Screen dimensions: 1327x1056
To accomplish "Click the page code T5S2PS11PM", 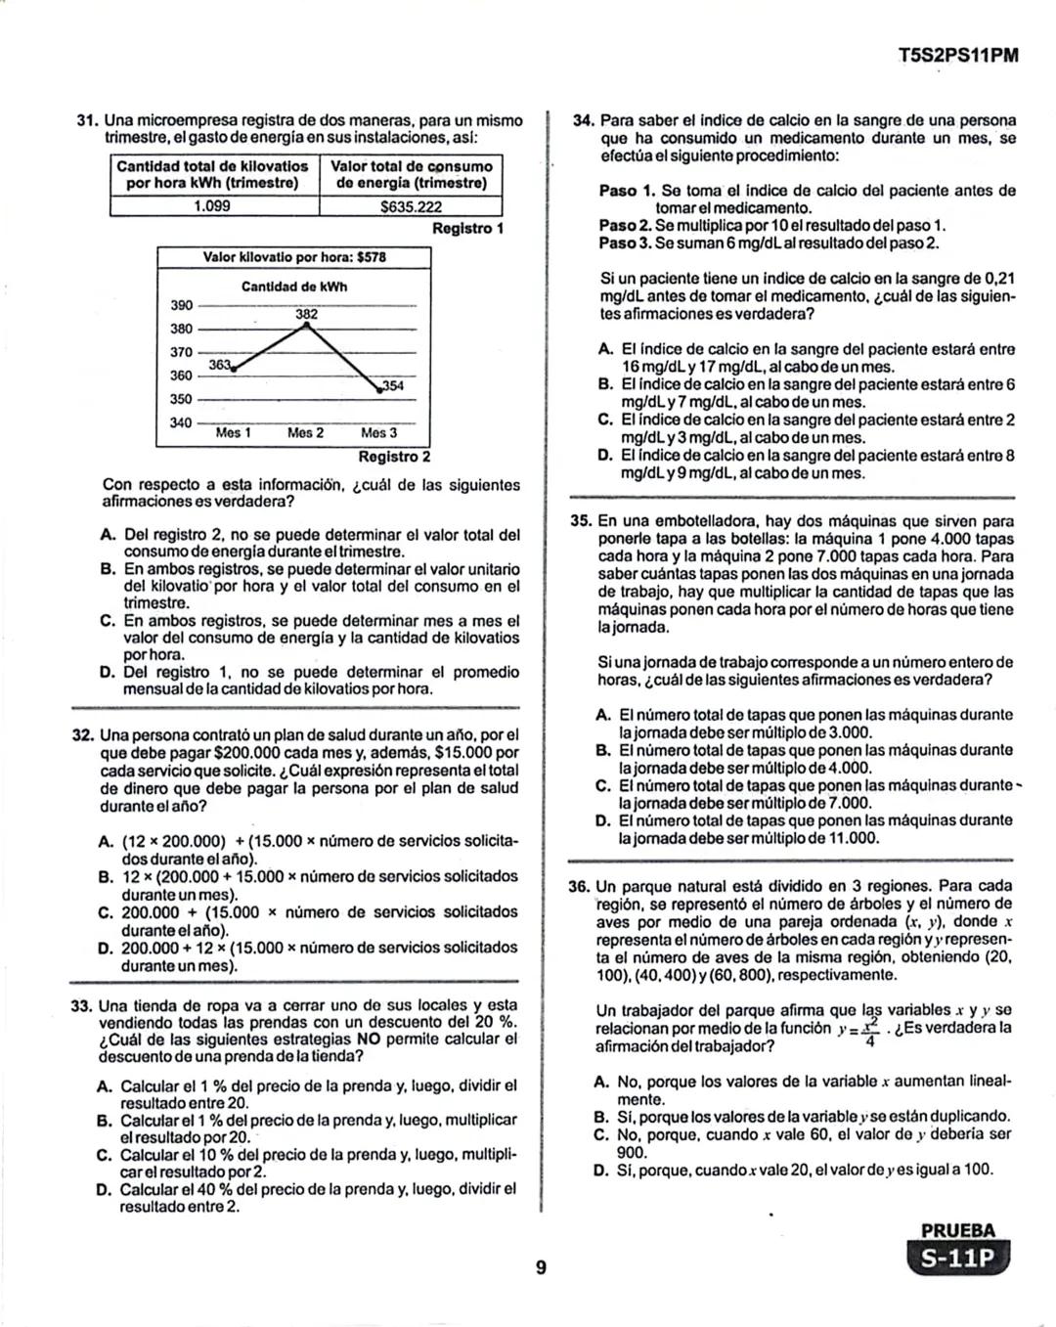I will coord(957,55).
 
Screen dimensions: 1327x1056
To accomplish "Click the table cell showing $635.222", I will coord(411,206).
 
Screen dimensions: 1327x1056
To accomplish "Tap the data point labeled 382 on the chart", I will coord(307,326).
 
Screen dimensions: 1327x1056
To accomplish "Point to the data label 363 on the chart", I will coord(220,365).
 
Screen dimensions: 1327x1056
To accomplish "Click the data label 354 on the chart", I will coord(392,385).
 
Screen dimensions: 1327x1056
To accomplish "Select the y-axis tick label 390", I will coord(181,305).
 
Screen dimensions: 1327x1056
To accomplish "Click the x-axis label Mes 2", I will coord(305,432).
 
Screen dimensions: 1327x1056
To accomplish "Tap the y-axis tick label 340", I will coord(181,422).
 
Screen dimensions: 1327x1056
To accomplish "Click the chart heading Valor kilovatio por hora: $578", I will coord(293,257).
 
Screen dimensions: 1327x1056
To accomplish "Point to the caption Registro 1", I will coord(467,228).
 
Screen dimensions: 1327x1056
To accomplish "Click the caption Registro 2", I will coord(394,457).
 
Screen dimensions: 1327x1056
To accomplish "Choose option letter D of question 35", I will coord(603,820).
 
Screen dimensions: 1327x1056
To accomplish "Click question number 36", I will coord(579,887).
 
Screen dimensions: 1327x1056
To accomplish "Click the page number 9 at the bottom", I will coord(541,1269).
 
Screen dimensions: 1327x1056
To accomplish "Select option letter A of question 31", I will coord(107,535).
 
